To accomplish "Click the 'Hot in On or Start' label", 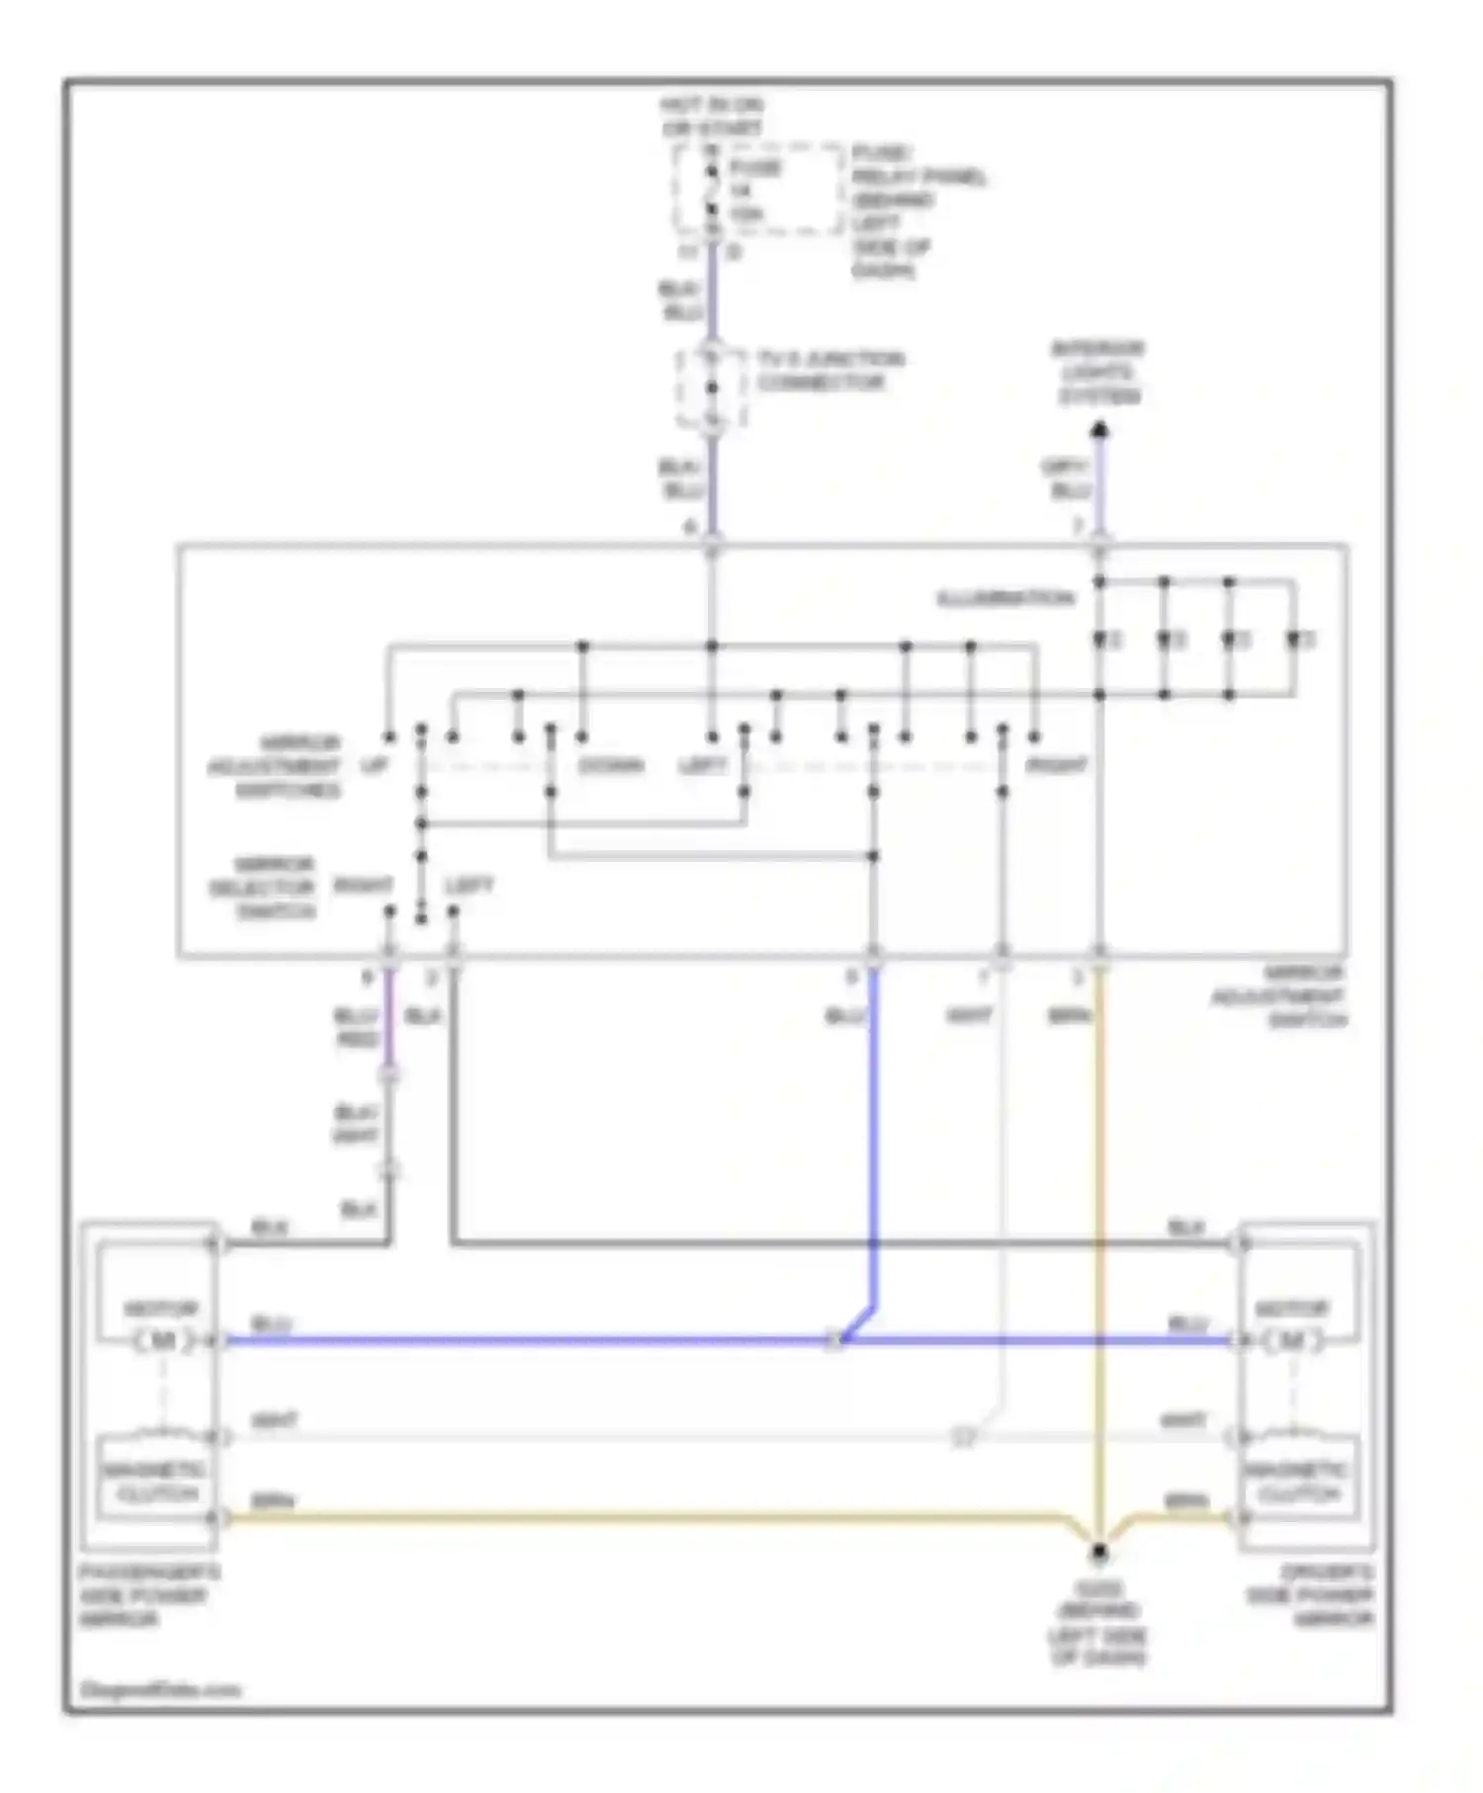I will (x=713, y=116).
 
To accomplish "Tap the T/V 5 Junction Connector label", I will (x=830, y=371).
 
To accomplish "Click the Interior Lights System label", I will (x=1097, y=373).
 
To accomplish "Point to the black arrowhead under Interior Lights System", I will (x=1098, y=430).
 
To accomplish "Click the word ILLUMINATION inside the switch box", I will (x=1004, y=599).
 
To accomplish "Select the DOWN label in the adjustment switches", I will (x=610, y=766).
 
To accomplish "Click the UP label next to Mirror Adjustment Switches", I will (x=375, y=766).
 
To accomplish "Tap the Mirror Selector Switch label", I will (x=262, y=887).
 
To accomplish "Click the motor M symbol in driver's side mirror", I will (x=1291, y=1340).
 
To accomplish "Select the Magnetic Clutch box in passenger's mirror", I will (x=158, y=1483).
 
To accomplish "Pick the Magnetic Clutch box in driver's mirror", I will (x=1298, y=1483).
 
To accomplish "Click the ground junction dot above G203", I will (x=1098, y=1553).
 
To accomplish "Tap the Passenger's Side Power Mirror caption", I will (x=148, y=1595).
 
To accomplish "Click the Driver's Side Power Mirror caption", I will (x=1310, y=1595).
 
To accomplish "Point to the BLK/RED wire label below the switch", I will (x=358, y=1028).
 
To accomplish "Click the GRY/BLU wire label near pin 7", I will (x=1067, y=478).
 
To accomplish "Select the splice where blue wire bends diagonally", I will (x=837, y=1340).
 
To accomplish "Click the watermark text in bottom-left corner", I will (x=160, y=1689).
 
